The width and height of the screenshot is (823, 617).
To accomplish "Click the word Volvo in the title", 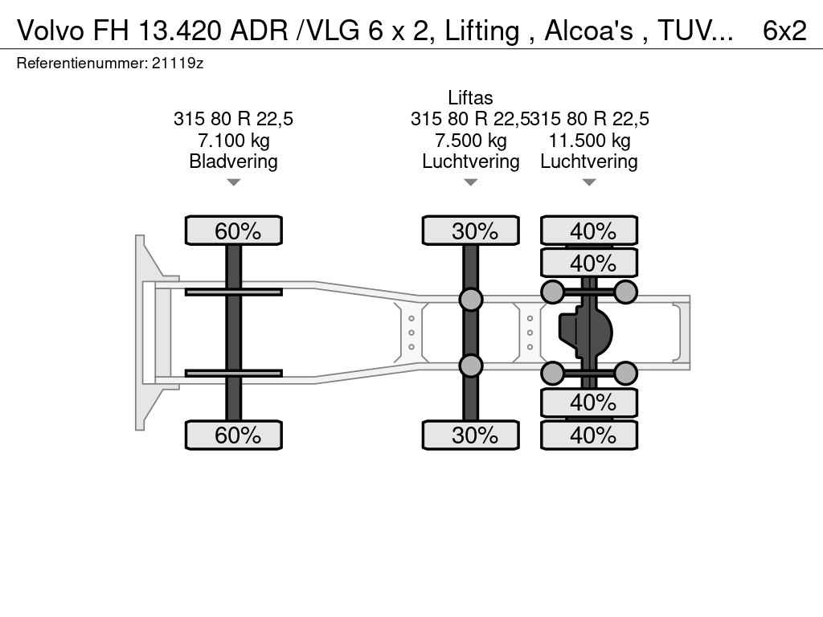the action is (x=51, y=31).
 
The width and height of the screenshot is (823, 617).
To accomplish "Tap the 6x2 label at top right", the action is (x=784, y=31).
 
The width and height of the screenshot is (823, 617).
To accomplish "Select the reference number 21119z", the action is (x=178, y=63).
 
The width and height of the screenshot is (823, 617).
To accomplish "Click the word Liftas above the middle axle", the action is (x=470, y=97).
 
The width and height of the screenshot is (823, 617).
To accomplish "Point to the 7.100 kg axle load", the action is (x=234, y=140).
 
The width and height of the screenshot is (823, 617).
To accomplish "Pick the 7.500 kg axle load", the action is (x=471, y=140).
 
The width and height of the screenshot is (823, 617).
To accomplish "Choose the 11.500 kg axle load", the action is (x=589, y=140).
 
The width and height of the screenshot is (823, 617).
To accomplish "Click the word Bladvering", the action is (x=234, y=161).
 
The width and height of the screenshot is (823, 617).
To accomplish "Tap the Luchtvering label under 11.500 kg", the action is (x=589, y=161).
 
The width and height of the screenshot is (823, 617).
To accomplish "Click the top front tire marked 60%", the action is (x=234, y=231).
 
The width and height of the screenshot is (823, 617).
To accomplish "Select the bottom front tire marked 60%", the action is (x=234, y=435).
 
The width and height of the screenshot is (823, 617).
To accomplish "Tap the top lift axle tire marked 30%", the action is (x=471, y=231).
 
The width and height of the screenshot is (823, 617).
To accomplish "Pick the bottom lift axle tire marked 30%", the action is (x=471, y=435).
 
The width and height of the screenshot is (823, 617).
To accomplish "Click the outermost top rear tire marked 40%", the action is (x=589, y=231).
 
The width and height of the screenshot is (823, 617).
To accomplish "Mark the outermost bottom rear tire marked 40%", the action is (x=589, y=435).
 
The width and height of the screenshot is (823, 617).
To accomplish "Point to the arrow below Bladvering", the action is (x=234, y=182).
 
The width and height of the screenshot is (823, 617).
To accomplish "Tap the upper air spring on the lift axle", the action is (x=471, y=299).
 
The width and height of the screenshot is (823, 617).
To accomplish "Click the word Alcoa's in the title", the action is (x=588, y=31).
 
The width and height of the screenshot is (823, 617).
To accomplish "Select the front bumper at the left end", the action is (x=141, y=333).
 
